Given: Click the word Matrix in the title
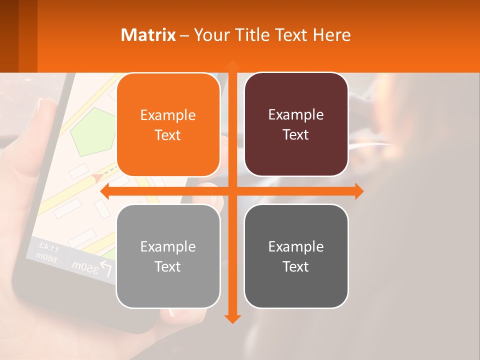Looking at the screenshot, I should pos(148,35).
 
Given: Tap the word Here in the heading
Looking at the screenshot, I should pos(332,35).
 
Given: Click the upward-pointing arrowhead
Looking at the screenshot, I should pos(232,64).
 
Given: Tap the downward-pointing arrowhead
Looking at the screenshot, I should pos(232,318).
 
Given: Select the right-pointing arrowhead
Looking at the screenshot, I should pos(358,191).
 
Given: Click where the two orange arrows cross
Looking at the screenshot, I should pos(232,191).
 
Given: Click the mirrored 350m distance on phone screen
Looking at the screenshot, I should pos(84,266).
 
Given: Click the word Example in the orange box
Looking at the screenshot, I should pos(168,115).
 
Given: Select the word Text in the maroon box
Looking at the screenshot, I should pos(296,135).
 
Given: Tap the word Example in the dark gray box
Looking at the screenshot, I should pos(296,246).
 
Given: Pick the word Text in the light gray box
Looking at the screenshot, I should pos(168,266).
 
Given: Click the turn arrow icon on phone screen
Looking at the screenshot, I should pos(106,270).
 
